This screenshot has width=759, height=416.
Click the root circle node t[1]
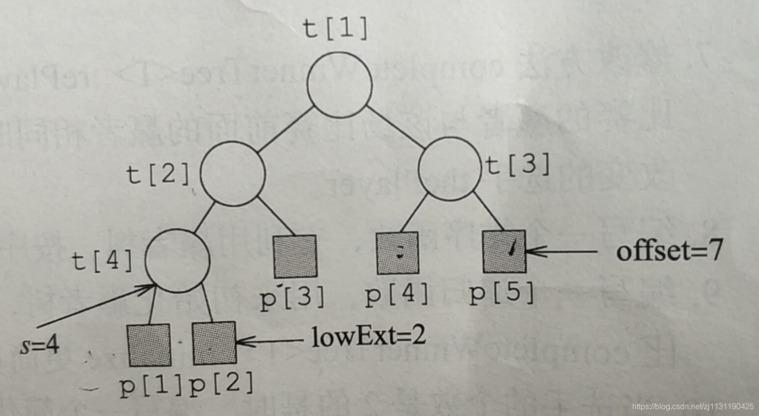[340, 84]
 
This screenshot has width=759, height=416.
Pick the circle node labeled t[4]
[178, 260]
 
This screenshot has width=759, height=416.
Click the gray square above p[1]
[149, 345]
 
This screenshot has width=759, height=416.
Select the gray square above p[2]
[214, 343]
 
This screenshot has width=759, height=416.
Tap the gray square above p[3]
[294, 256]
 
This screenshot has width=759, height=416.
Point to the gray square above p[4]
[398, 254]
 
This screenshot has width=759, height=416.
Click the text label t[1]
[336, 29]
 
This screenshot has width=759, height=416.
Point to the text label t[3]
[518, 165]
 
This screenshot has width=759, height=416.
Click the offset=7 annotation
[669, 251]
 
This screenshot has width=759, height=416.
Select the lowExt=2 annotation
[368, 338]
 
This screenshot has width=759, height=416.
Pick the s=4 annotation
[39, 345]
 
